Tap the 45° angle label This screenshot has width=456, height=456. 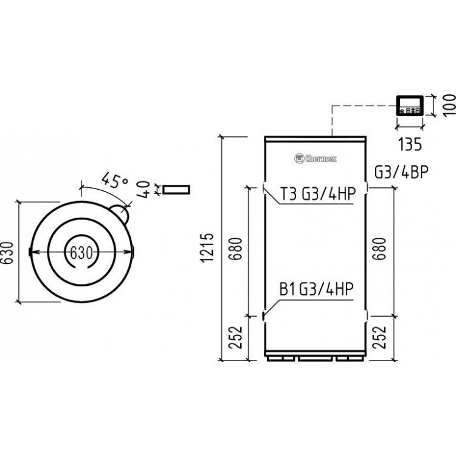[x=114, y=181]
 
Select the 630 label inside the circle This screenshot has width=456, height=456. [x=81, y=252]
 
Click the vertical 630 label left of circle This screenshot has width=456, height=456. [x=9, y=252]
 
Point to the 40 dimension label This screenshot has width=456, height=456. [x=144, y=190]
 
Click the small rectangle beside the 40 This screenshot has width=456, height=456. [x=175, y=190]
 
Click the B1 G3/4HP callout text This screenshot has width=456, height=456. [x=317, y=289]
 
